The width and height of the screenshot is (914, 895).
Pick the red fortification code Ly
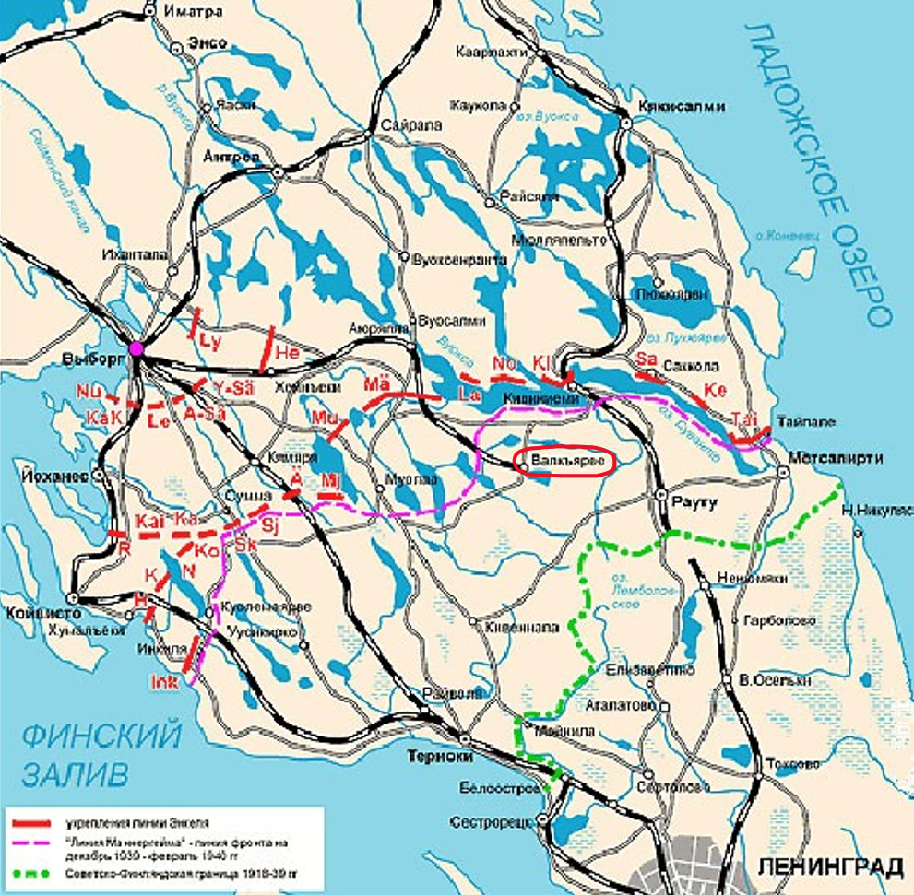211,341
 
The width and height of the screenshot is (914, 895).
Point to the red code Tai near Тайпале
743,419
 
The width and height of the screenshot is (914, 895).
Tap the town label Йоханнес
44,477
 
